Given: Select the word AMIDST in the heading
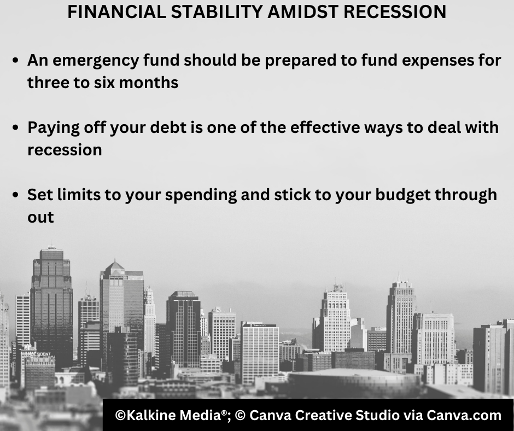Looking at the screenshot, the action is (x=303, y=12).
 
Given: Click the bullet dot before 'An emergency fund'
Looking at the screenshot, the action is (x=15, y=60).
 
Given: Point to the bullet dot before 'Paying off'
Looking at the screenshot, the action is (x=15, y=127).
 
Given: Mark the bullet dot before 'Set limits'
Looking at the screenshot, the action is (x=15, y=195).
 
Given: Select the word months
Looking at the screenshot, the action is (x=149, y=83).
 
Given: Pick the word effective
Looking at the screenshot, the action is (x=325, y=127).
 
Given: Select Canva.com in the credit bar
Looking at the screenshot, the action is (x=464, y=416).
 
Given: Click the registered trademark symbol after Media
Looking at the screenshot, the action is (x=224, y=412).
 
